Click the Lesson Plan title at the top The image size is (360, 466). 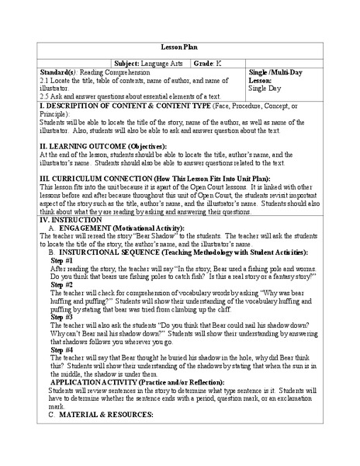click(179, 46)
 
